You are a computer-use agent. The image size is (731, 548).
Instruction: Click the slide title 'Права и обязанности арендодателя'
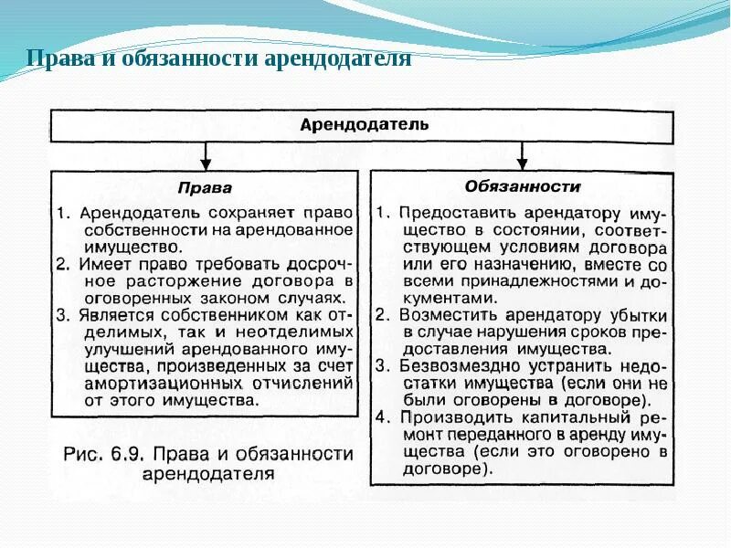tap(219, 59)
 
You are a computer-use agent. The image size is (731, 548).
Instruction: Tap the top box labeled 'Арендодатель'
tap(364, 124)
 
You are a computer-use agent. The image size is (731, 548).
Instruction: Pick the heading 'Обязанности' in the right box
tap(523, 185)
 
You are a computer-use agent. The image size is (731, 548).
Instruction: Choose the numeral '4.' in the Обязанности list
tap(384, 416)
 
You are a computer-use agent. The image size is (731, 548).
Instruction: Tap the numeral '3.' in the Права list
tap(62, 314)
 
